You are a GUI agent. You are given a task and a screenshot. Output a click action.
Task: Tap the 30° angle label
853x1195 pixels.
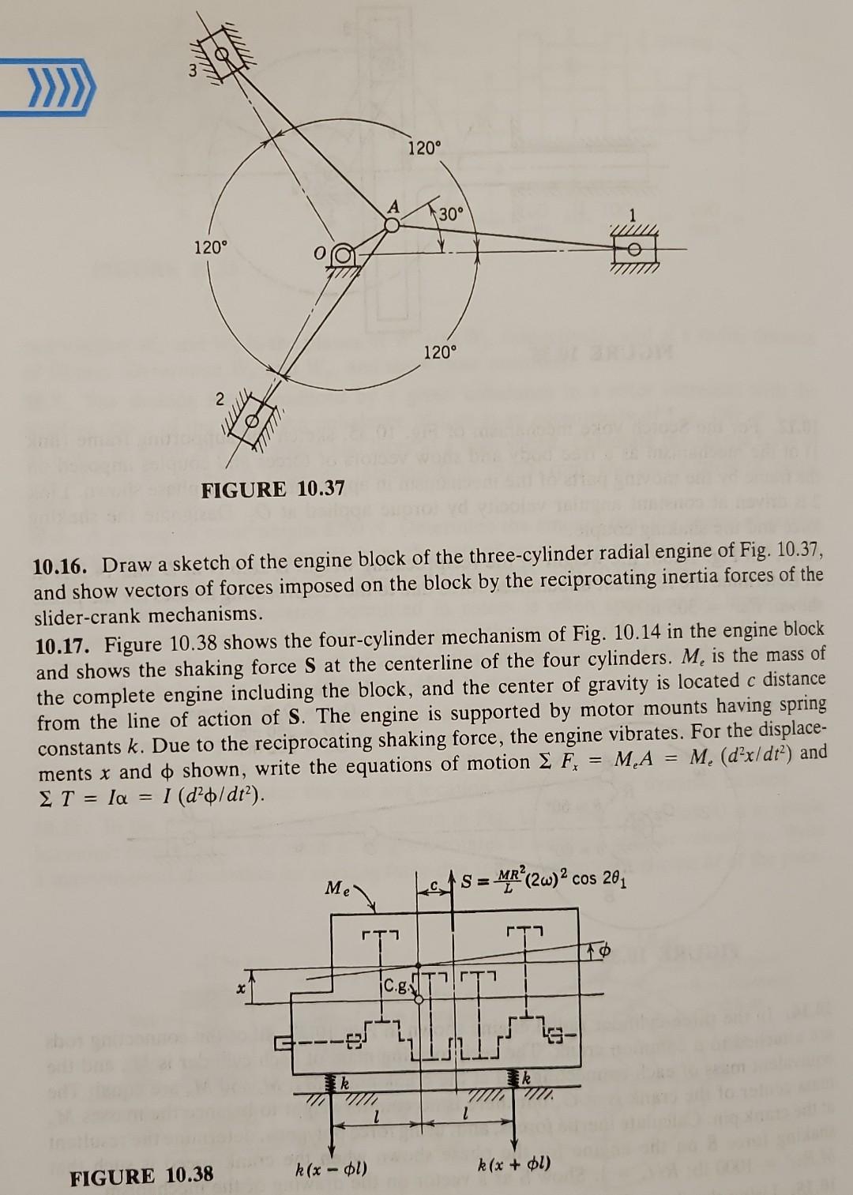tap(453, 214)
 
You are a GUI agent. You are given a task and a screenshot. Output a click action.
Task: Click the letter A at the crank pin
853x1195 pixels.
tap(393, 207)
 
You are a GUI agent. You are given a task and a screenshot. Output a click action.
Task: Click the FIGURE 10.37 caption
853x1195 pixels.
tap(272, 490)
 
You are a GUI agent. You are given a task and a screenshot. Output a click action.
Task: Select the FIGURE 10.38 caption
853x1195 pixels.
tap(141, 1175)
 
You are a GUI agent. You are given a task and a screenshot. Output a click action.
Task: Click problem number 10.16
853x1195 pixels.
tap(66, 566)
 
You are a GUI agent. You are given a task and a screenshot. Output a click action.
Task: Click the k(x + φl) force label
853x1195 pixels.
tap(514, 1163)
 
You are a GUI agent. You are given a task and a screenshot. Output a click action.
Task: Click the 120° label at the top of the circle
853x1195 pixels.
tap(426, 148)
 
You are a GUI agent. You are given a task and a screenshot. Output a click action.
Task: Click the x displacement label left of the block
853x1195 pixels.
tap(235, 988)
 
